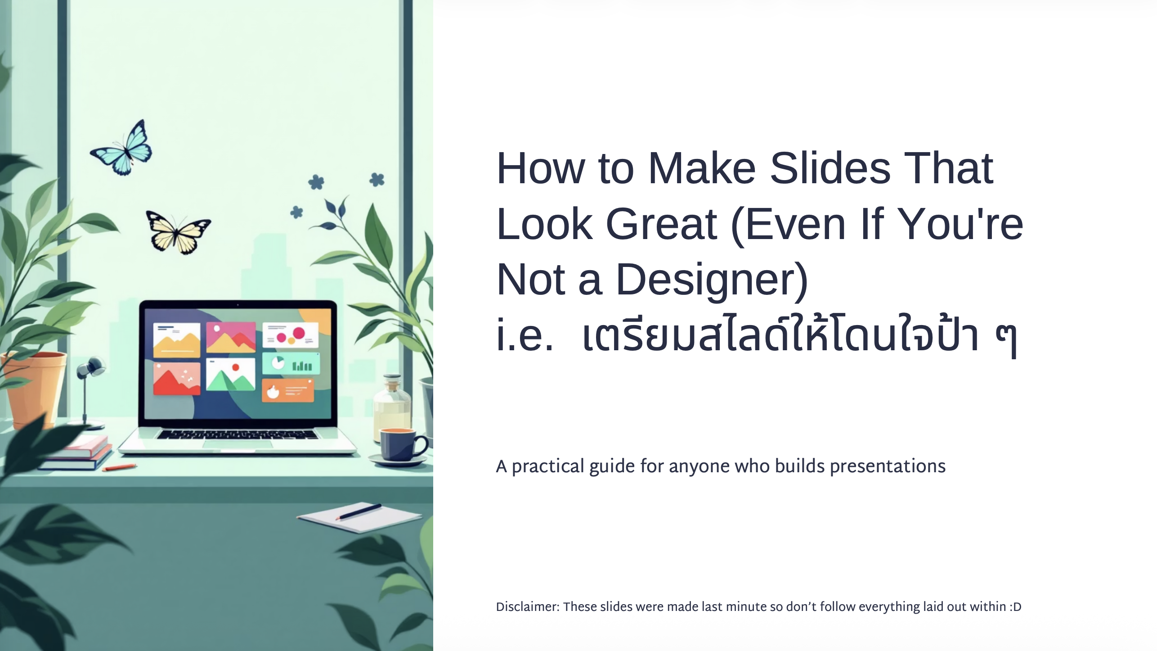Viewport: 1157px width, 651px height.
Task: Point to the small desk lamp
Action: (x=90, y=387)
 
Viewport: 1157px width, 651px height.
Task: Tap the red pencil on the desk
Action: (x=119, y=467)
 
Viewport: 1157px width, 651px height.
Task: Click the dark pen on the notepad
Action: (x=360, y=511)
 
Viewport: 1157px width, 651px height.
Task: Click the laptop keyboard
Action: (x=237, y=434)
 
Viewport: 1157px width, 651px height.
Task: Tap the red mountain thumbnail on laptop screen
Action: (x=176, y=378)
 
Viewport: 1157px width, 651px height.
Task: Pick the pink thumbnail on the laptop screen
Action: (x=231, y=337)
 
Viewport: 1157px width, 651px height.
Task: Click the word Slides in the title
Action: (x=830, y=168)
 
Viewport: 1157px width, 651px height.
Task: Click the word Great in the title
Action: (x=661, y=224)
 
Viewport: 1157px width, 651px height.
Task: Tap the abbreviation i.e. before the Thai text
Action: (x=525, y=335)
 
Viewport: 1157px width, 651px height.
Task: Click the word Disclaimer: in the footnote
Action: (x=527, y=607)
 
